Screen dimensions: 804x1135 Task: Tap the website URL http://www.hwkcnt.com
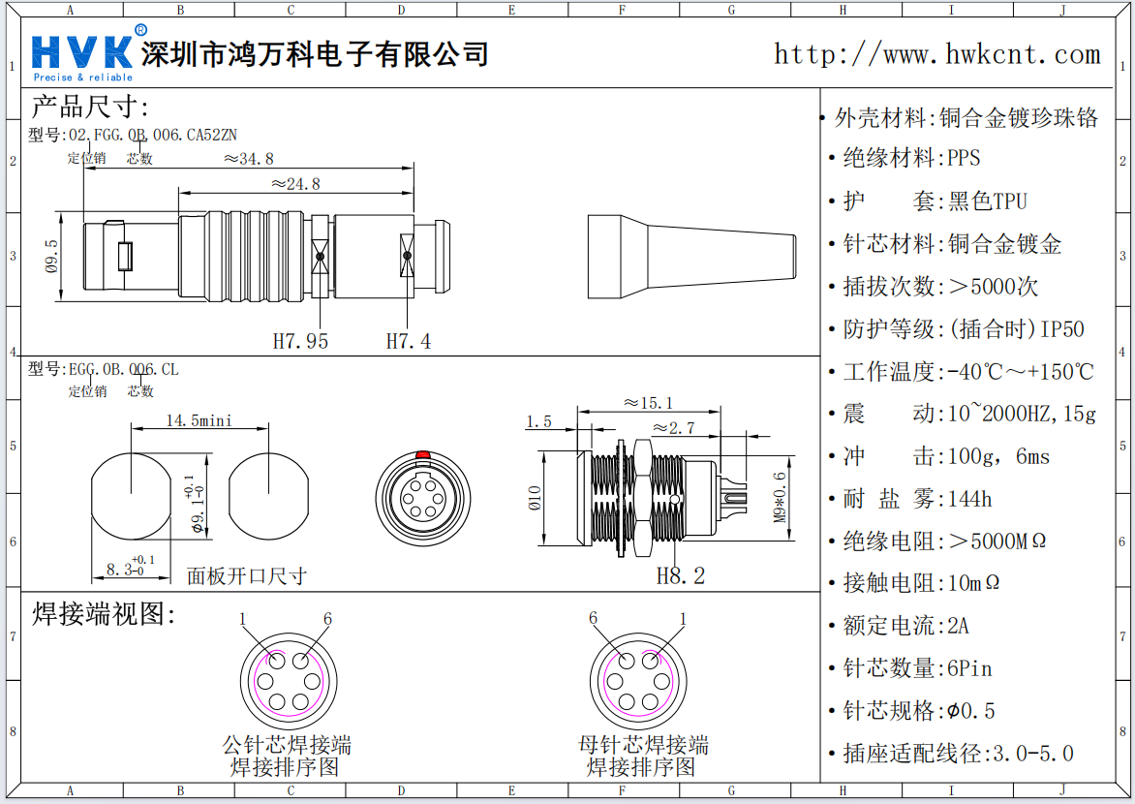(936, 54)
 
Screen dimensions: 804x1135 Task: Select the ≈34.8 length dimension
(249, 158)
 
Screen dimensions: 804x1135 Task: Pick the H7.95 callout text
(300, 341)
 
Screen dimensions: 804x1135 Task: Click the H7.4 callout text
(409, 341)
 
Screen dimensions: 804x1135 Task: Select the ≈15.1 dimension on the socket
(649, 403)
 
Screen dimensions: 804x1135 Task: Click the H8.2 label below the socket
(681, 576)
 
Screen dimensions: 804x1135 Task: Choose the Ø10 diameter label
(535, 498)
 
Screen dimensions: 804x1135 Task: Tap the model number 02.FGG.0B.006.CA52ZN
(152, 135)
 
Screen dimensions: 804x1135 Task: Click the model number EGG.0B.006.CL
(122, 370)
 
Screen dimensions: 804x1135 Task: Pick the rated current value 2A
(958, 626)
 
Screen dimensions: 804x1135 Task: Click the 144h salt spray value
(969, 499)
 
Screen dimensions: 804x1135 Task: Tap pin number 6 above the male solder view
(327, 619)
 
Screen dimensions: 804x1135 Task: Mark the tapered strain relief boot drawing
(691, 256)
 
